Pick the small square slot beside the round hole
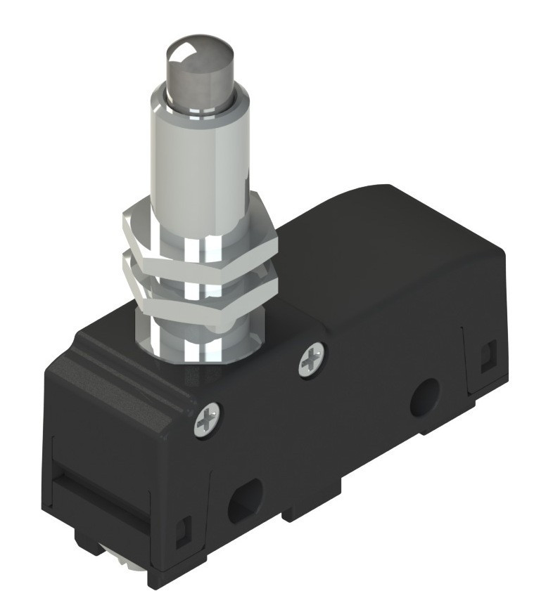[485, 357]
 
